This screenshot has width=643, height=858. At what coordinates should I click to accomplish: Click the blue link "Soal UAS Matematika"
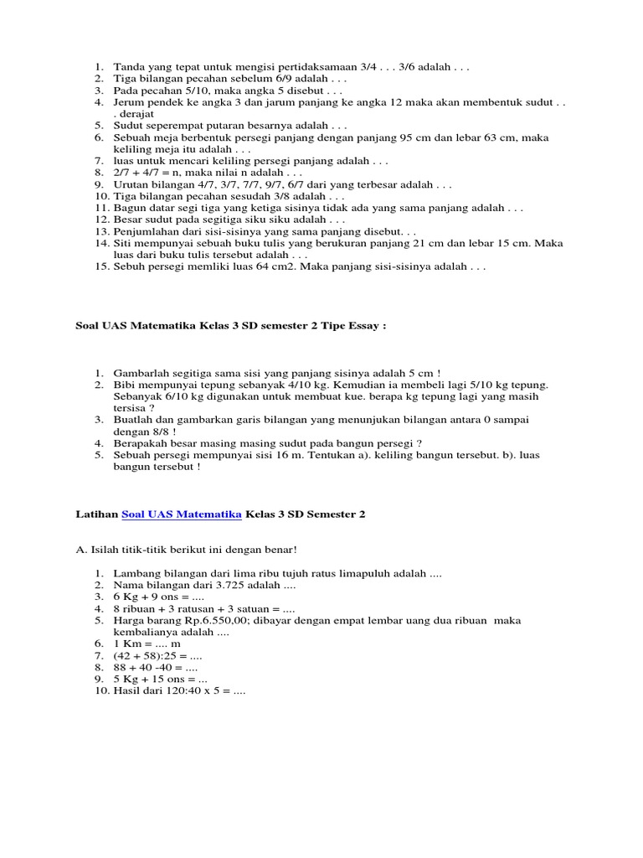182,514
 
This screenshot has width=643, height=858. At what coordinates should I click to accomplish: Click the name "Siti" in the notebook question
126,243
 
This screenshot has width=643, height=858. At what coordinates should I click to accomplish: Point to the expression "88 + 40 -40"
143,668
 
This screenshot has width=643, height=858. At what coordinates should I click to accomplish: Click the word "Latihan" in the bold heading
96,514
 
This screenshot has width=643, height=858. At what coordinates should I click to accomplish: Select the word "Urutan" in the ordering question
132,183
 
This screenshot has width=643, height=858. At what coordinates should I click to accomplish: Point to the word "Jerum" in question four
131,101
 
